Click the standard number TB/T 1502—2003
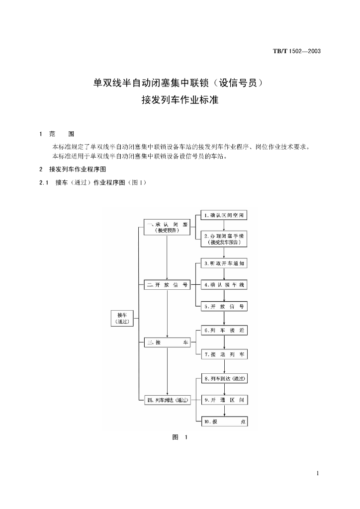click(x=296, y=51)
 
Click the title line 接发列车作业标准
click(x=180, y=99)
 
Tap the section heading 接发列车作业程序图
click(x=77, y=169)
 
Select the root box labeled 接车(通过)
click(x=122, y=318)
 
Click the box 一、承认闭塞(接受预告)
click(x=167, y=227)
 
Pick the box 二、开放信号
click(x=167, y=285)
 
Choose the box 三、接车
click(x=167, y=343)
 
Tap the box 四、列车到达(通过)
click(x=167, y=400)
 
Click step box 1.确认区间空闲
click(x=224, y=215)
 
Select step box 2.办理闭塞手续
click(x=224, y=239)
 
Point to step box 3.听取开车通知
click(x=224, y=263)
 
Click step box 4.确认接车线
click(x=224, y=285)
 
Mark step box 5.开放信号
click(x=224, y=307)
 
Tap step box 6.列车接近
click(x=224, y=331)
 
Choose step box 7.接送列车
click(x=224, y=354)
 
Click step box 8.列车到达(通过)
click(x=224, y=379)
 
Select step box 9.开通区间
click(x=224, y=400)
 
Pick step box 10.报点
click(x=224, y=422)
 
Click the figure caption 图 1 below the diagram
click(x=180, y=437)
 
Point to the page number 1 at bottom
click(x=317, y=473)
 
